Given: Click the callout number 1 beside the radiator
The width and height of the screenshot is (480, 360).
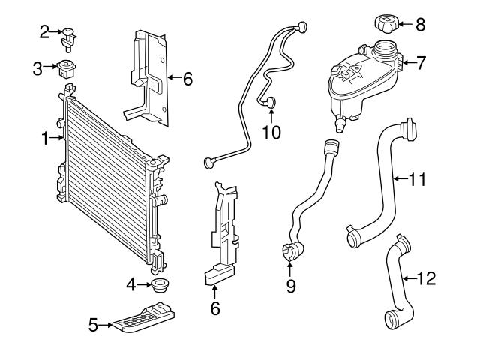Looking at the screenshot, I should tap(44, 138).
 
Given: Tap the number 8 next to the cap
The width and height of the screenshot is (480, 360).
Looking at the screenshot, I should tap(420, 25).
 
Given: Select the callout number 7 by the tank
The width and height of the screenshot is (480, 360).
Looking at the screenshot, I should tap(421, 64).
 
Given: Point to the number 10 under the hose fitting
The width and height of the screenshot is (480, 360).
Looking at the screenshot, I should tap(271, 133).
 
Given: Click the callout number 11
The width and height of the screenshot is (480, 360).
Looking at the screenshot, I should tap(417, 179).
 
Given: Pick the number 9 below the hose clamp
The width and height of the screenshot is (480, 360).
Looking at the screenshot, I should tap(289, 286).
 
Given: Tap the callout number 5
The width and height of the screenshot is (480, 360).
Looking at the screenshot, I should tap(94, 325).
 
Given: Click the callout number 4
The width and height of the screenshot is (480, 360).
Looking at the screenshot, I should tap(130, 284).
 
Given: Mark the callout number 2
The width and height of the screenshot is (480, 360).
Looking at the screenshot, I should tap(45, 31).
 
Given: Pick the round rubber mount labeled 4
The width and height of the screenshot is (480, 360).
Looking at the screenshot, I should tap(158, 284).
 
